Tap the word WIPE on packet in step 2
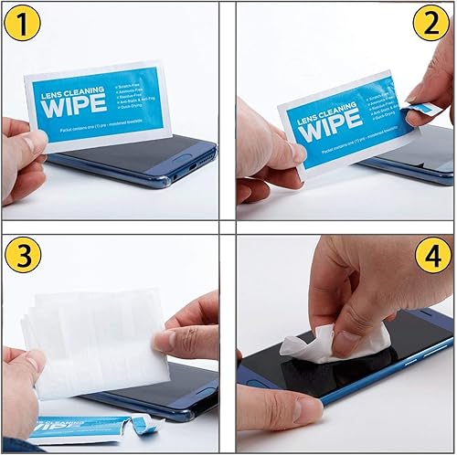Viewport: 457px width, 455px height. click(x=329, y=127)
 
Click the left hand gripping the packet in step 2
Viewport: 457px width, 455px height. click(x=265, y=151)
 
